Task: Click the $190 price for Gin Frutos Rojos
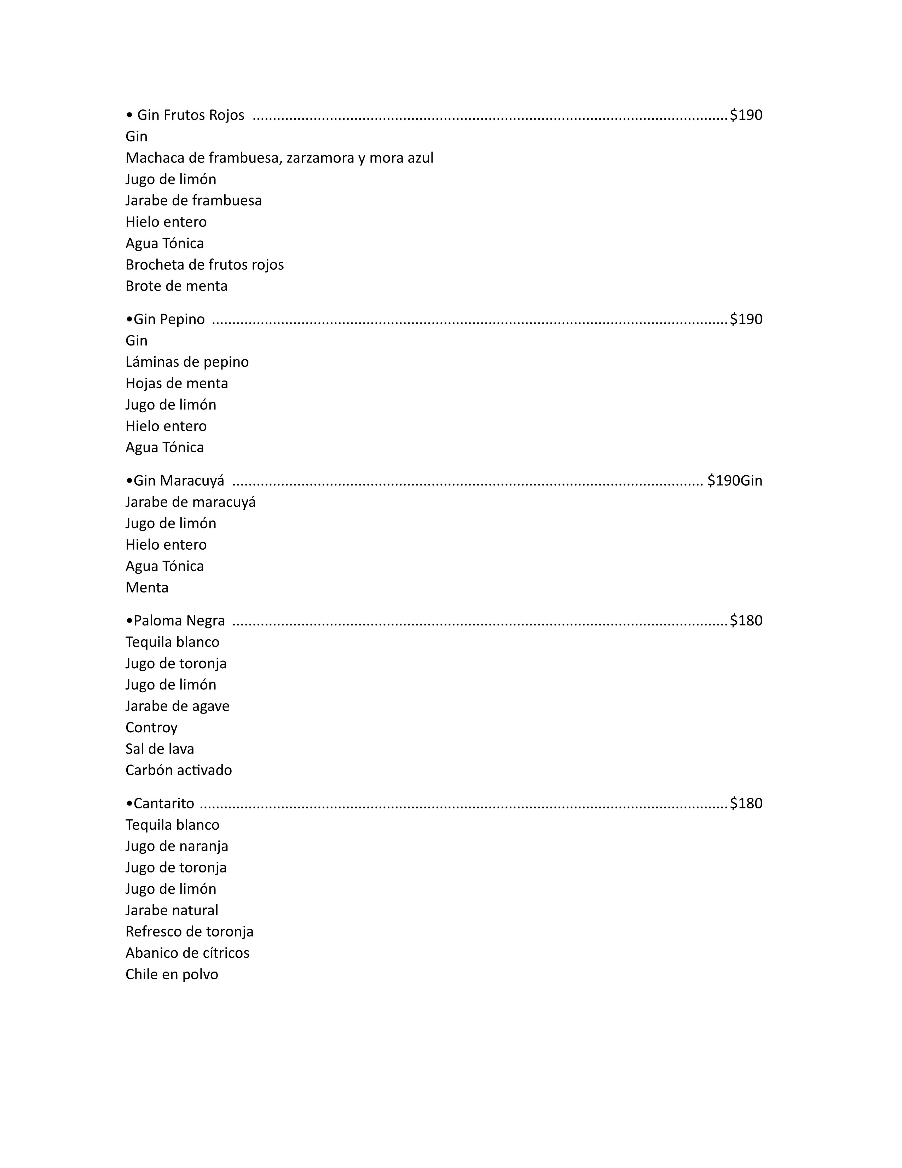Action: click(746, 115)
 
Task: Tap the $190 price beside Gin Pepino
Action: click(746, 319)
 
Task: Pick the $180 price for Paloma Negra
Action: click(746, 621)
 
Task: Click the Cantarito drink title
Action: click(163, 803)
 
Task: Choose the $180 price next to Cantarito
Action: click(746, 803)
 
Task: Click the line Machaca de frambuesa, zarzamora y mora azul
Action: click(279, 158)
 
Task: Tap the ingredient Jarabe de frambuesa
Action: click(193, 201)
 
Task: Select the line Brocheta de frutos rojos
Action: click(205, 265)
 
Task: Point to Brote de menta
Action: click(177, 286)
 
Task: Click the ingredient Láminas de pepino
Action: click(187, 362)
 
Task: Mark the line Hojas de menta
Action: click(177, 383)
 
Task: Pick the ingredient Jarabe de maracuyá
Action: click(191, 502)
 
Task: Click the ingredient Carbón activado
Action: click(179, 770)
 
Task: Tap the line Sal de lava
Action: click(160, 749)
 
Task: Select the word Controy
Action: click(151, 727)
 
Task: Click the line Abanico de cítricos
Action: click(187, 953)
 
